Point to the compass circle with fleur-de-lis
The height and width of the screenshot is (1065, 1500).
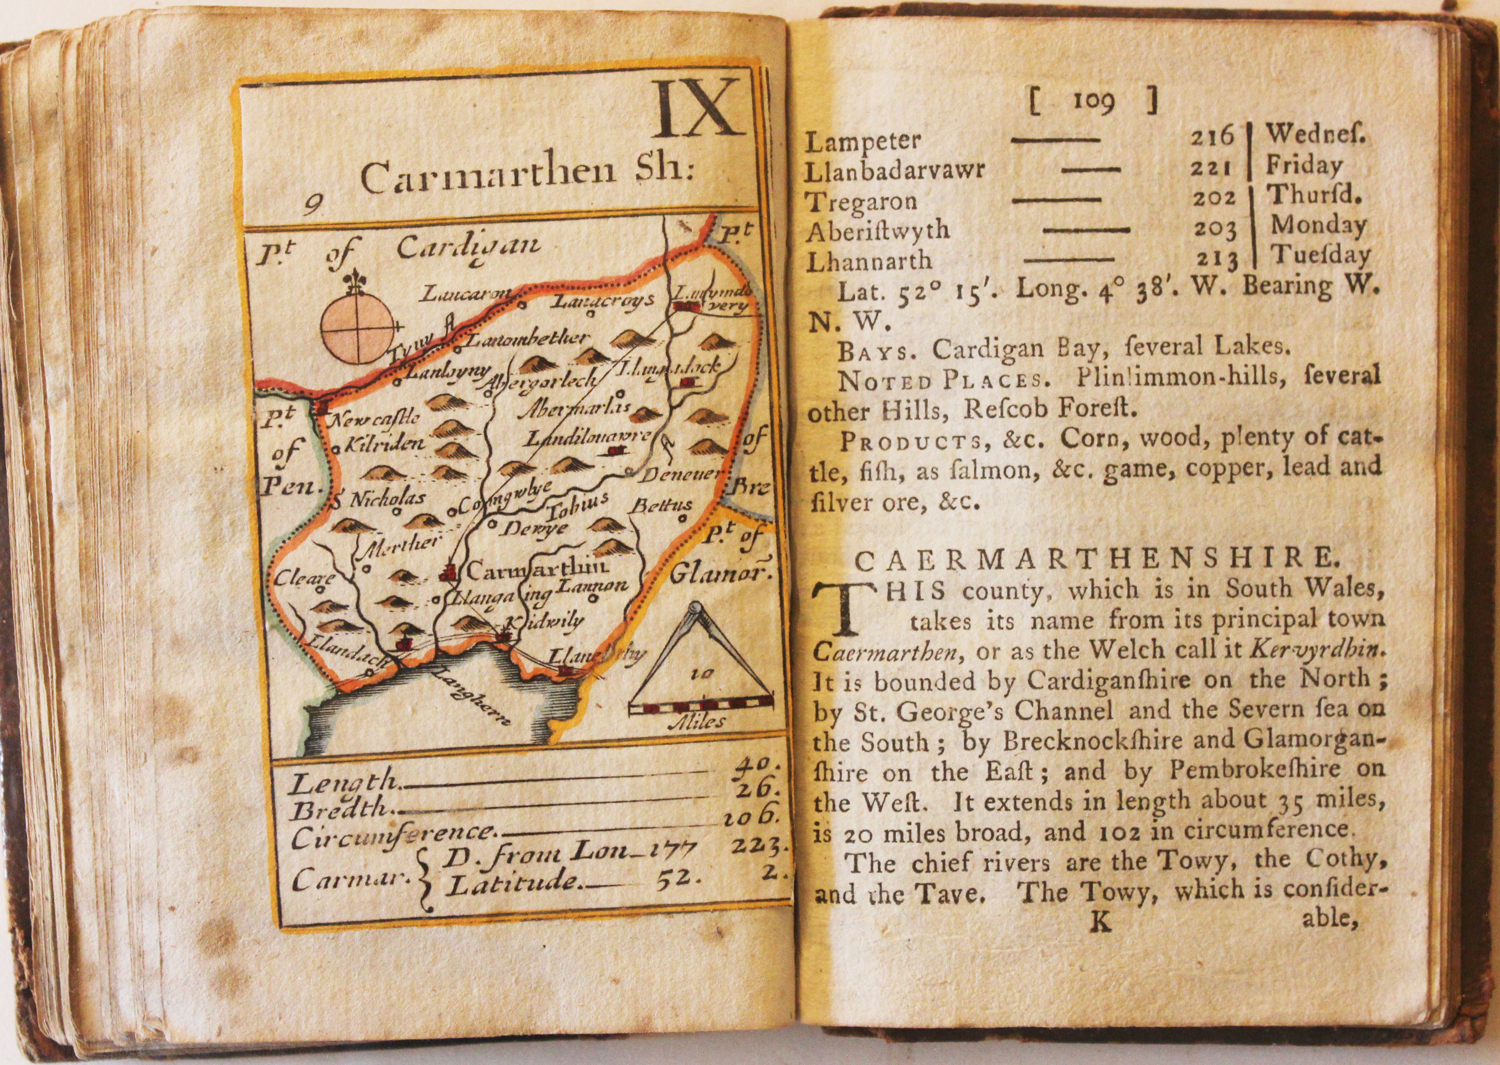tap(359, 325)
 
